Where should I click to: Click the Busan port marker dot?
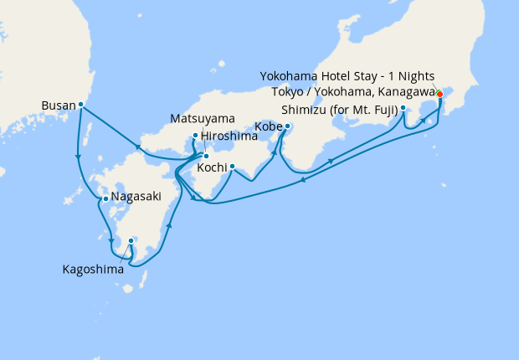[81, 105]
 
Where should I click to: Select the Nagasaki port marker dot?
[105, 198]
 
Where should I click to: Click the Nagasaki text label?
[133, 199]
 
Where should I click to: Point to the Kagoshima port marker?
[131, 241]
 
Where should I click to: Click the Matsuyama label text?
[202, 119]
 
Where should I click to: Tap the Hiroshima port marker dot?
[195, 136]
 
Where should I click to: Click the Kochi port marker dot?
[231, 165]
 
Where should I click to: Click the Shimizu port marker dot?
[403, 108]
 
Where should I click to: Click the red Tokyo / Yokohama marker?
[439, 94]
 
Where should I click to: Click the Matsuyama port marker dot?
[206, 156]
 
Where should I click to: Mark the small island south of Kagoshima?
[127, 289]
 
